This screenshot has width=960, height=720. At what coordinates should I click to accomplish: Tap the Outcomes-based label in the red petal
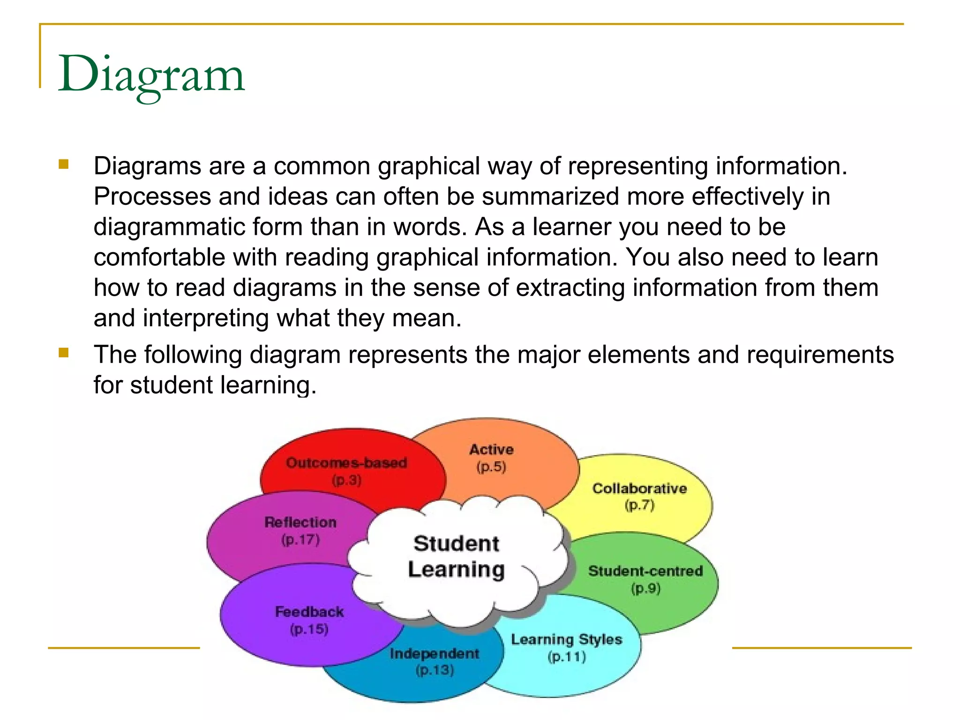(x=346, y=463)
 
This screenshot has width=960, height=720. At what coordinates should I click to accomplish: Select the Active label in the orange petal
(x=491, y=450)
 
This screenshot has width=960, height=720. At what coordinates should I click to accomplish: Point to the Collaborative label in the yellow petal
(x=639, y=488)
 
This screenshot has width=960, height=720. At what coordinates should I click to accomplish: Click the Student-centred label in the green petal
(x=645, y=571)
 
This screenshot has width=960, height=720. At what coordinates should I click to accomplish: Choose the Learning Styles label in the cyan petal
(x=566, y=639)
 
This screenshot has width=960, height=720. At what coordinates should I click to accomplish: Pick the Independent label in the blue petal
(x=435, y=653)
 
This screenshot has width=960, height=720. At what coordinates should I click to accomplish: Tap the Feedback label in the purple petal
(x=309, y=612)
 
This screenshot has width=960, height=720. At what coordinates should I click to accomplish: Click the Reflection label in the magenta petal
(x=300, y=522)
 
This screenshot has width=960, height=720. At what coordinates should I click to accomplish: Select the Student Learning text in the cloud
(x=456, y=556)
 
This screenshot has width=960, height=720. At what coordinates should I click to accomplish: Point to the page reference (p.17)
(x=300, y=540)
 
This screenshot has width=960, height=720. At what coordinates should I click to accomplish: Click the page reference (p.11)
(x=567, y=657)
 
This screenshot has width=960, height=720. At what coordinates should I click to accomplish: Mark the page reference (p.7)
(x=639, y=505)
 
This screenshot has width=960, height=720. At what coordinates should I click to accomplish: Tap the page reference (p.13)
(x=435, y=670)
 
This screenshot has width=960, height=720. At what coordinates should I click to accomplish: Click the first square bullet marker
(x=64, y=164)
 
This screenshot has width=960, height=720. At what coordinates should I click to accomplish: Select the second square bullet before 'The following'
(x=64, y=352)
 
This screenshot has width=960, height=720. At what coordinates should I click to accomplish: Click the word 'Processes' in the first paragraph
(x=152, y=196)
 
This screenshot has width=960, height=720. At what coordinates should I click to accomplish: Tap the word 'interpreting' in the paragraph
(x=206, y=318)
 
